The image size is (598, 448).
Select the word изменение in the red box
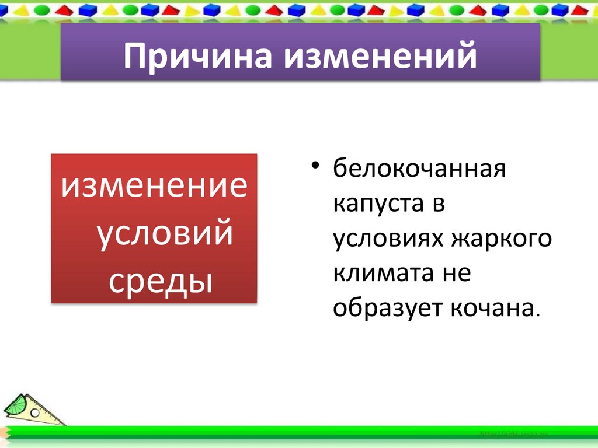155,188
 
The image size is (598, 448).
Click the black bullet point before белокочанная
315,169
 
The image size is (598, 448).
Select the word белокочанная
419,171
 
